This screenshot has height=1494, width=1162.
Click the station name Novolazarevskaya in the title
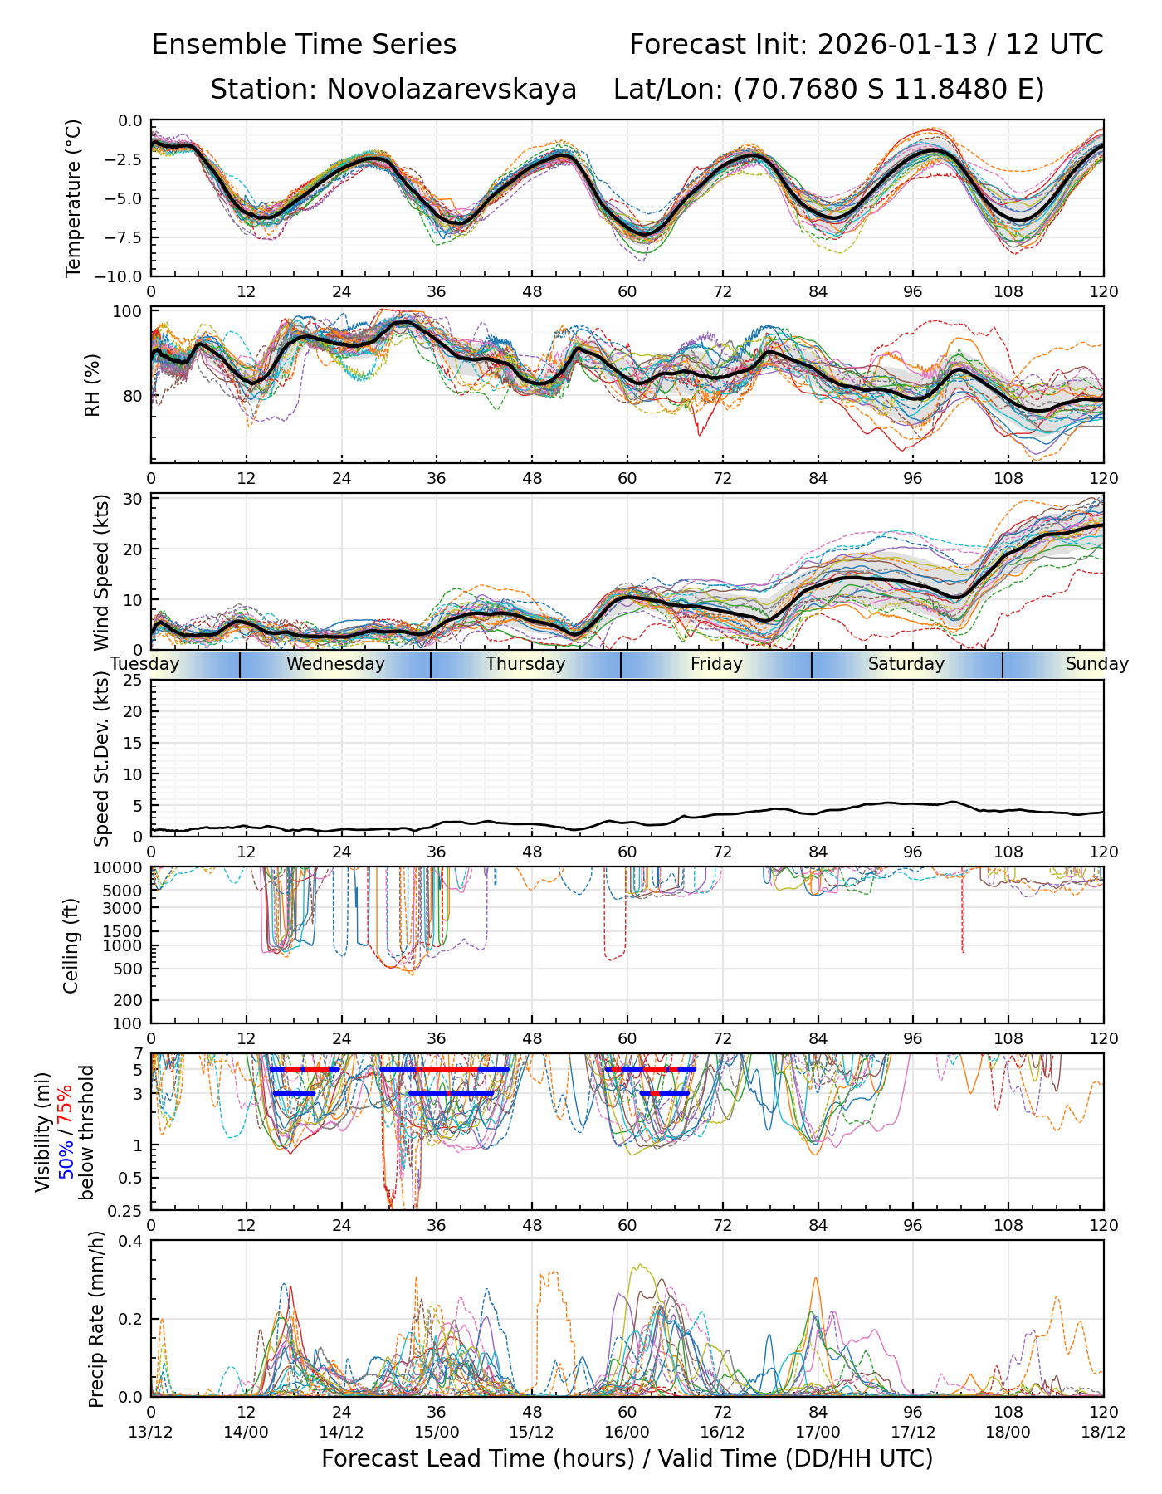(452, 89)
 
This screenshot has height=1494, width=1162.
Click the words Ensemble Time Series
(304, 45)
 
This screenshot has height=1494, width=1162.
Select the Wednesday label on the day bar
(335, 664)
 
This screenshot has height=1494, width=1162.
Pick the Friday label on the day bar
(716, 664)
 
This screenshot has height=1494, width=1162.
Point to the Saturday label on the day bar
(906, 664)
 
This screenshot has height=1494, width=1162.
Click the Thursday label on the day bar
(525, 664)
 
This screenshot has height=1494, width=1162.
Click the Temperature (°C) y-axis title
(74, 198)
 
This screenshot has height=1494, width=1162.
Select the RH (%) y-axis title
(92, 384)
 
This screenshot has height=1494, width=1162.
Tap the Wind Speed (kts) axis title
(101, 572)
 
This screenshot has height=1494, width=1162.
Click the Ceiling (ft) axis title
(71, 945)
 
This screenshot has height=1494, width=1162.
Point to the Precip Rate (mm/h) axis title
(97, 1319)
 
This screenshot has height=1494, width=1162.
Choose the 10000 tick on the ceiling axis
(123, 868)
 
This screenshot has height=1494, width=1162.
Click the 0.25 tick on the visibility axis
(127, 1209)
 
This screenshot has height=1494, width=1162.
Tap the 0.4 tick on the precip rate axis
(132, 1241)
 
